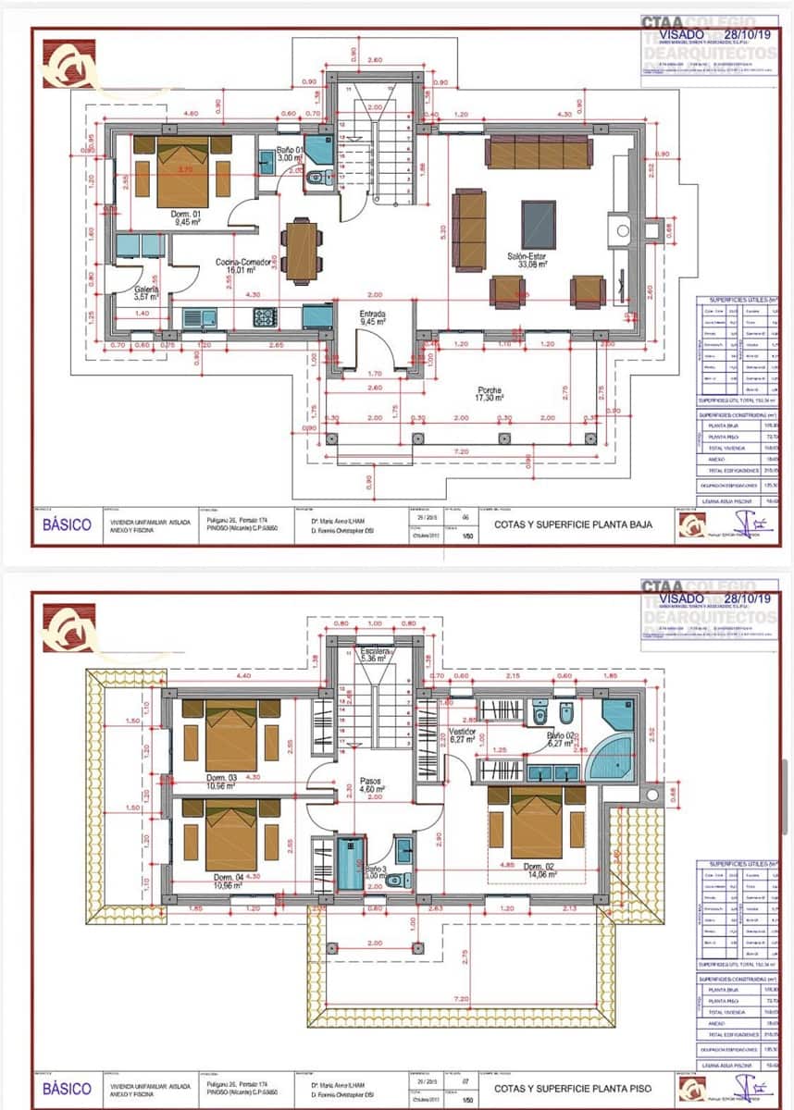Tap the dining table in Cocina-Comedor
[x=302, y=250]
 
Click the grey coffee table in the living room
[x=539, y=225]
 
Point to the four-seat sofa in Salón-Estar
[x=540, y=153]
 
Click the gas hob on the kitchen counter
[x=266, y=317]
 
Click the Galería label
[x=146, y=292]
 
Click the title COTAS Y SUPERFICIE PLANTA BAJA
[x=573, y=524]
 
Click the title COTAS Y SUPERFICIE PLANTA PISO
[x=573, y=1089]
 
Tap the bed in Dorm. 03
[x=231, y=737]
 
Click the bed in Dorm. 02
[x=538, y=822]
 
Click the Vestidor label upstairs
[x=462, y=735]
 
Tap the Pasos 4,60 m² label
[x=371, y=785]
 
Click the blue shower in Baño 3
[x=351, y=863]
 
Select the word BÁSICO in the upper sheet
[x=68, y=524]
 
